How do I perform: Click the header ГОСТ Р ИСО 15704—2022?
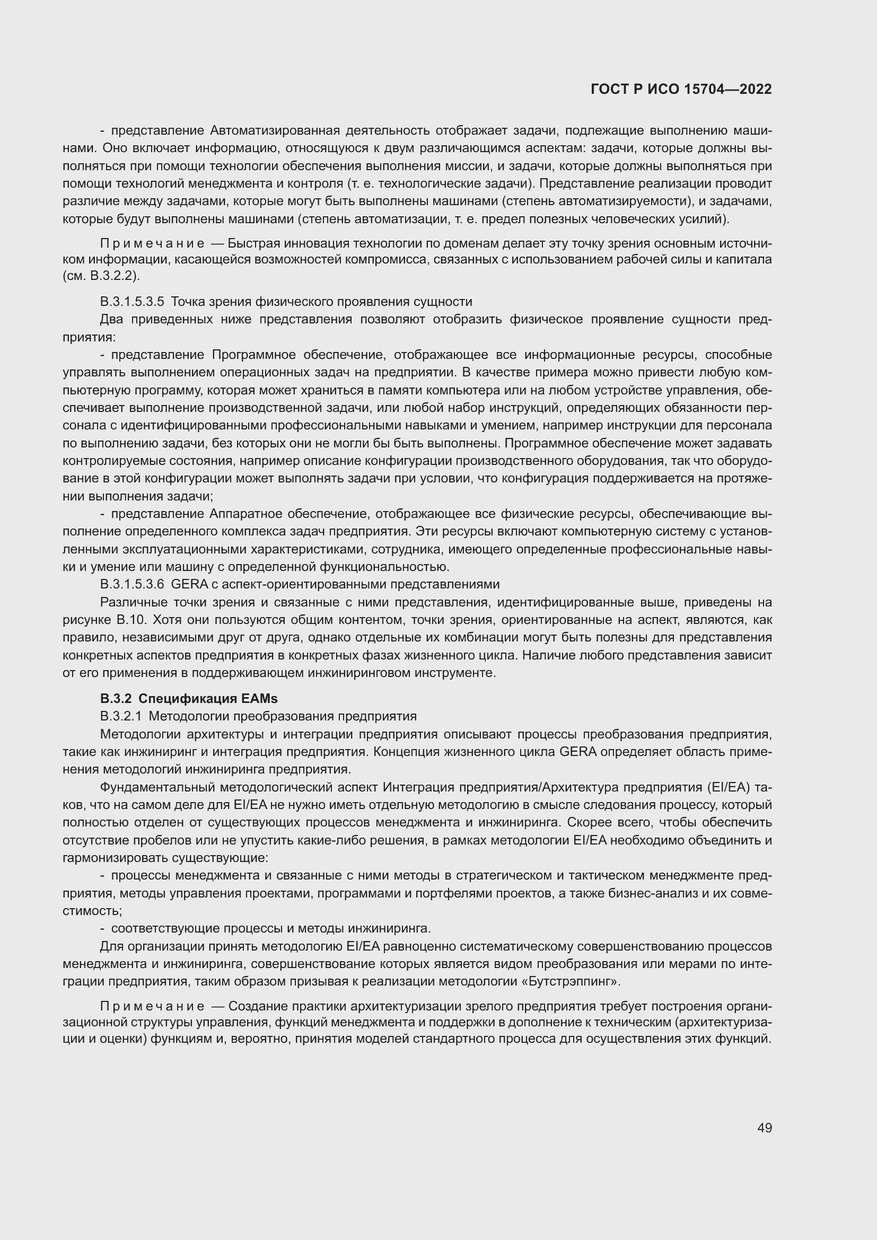681,89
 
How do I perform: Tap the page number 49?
764,1128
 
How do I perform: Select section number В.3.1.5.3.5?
133,301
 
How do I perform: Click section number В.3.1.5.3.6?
133,584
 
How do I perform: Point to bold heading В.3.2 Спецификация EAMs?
188,698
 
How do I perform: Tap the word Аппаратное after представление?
248,513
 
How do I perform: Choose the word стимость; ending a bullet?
92,911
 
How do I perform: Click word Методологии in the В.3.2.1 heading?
181,716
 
